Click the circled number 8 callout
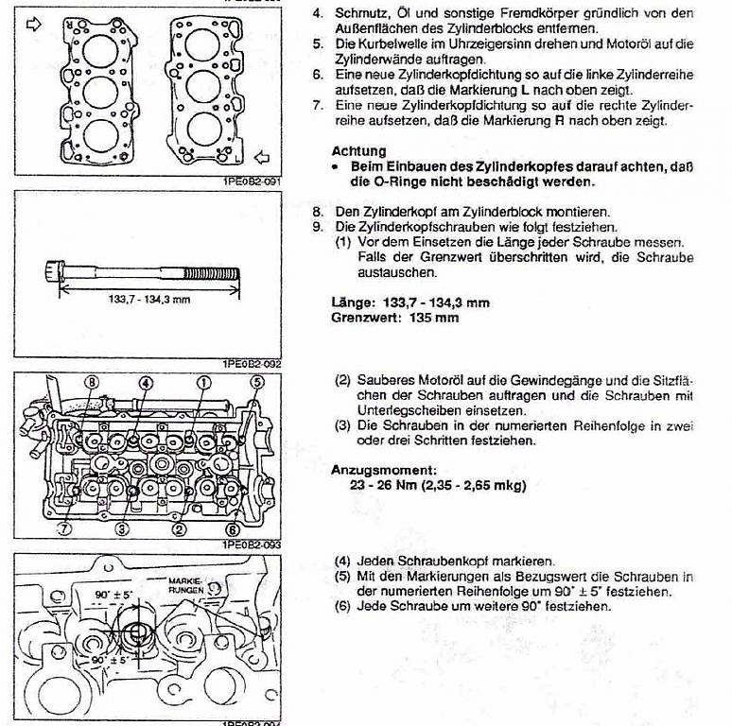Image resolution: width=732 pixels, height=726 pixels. point(92,383)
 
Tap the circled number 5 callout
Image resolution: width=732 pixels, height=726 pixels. point(257,383)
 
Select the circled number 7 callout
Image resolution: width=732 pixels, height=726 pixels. point(64,528)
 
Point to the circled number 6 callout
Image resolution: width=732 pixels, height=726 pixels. point(233,529)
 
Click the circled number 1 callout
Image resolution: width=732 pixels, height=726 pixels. point(203,383)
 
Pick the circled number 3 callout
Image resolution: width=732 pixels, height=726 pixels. point(121,528)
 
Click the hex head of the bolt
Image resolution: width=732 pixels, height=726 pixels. point(54,271)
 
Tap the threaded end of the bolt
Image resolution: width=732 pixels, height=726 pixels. point(211,274)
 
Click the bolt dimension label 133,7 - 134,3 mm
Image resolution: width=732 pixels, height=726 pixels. point(149,300)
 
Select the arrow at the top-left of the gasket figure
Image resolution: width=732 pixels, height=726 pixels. point(34,25)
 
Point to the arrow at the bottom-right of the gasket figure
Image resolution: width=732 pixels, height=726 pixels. point(262,158)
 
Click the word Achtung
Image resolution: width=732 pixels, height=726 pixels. point(359,151)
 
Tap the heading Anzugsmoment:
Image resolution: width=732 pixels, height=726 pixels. point(384,470)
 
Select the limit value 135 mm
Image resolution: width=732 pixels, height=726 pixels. point(434,318)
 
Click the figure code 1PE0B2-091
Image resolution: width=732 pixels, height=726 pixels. point(253,181)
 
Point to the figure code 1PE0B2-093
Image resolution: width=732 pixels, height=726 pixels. point(252,544)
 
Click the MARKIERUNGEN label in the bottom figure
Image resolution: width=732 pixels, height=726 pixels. point(186,585)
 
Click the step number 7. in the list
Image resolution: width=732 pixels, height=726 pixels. point(318,106)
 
